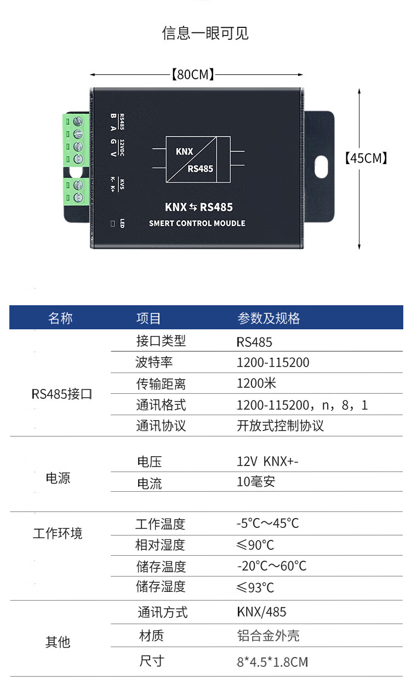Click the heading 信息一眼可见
[x=205, y=33]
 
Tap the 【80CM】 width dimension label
[x=193, y=74]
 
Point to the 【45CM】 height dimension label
[x=366, y=159]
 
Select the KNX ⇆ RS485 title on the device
[x=198, y=207]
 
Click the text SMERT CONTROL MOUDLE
[x=197, y=223]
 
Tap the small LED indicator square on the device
[x=112, y=223]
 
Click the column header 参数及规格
[x=269, y=318]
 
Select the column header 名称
[x=60, y=318]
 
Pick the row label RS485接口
[x=62, y=394]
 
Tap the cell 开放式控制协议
[x=280, y=426]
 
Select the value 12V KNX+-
[x=267, y=462]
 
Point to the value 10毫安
[x=256, y=482]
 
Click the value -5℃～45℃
[x=268, y=524]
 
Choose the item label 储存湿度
[x=161, y=587]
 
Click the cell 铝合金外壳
[x=268, y=636]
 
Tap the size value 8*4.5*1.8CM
[x=272, y=662]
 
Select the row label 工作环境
[x=58, y=533]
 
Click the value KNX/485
[x=261, y=612]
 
